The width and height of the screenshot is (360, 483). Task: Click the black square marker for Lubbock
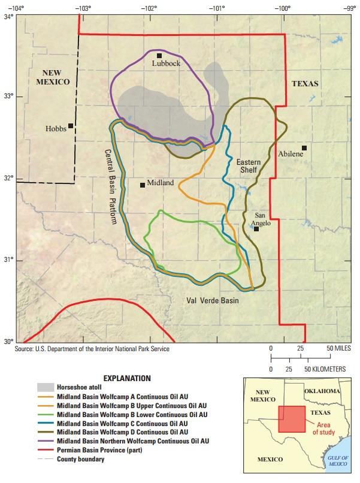[x=159, y=56]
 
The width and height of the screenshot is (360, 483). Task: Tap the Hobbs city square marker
[x=71, y=126]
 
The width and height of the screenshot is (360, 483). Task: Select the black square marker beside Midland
[x=143, y=185]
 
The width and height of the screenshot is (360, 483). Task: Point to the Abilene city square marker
[x=304, y=148]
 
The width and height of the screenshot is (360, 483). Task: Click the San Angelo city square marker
[x=256, y=228]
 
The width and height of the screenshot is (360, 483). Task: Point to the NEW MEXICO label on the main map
[x=53, y=77]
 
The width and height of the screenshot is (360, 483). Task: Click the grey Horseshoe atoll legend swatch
[x=46, y=388]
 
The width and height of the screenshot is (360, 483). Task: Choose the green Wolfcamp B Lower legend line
[x=46, y=414]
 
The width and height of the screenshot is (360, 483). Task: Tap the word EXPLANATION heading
[x=126, y=378]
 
